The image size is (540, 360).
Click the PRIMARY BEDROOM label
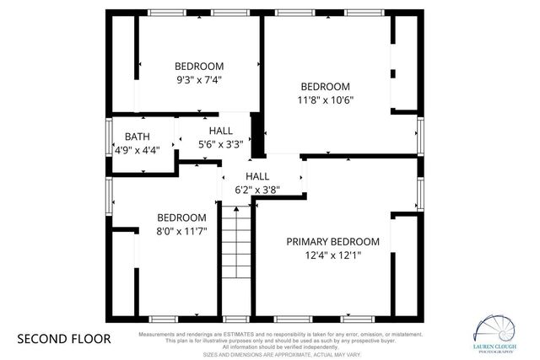pos(332,241)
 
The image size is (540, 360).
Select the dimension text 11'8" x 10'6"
pos(325,99)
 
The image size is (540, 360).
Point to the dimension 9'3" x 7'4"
pos(198,79)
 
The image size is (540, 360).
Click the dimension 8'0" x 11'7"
pos(181,229)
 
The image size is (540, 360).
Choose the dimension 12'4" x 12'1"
pos(332,255)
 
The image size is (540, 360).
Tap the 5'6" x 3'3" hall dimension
pos(221,144)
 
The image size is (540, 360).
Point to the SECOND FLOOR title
pos(64,339)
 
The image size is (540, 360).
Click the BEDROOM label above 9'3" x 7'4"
pos(198,66)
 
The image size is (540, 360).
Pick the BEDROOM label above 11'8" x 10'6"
pos(325,86)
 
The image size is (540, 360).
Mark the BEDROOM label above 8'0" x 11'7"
pos(181,216)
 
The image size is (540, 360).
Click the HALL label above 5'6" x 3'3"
pos(221,131)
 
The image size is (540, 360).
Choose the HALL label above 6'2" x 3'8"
pos(257,176)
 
